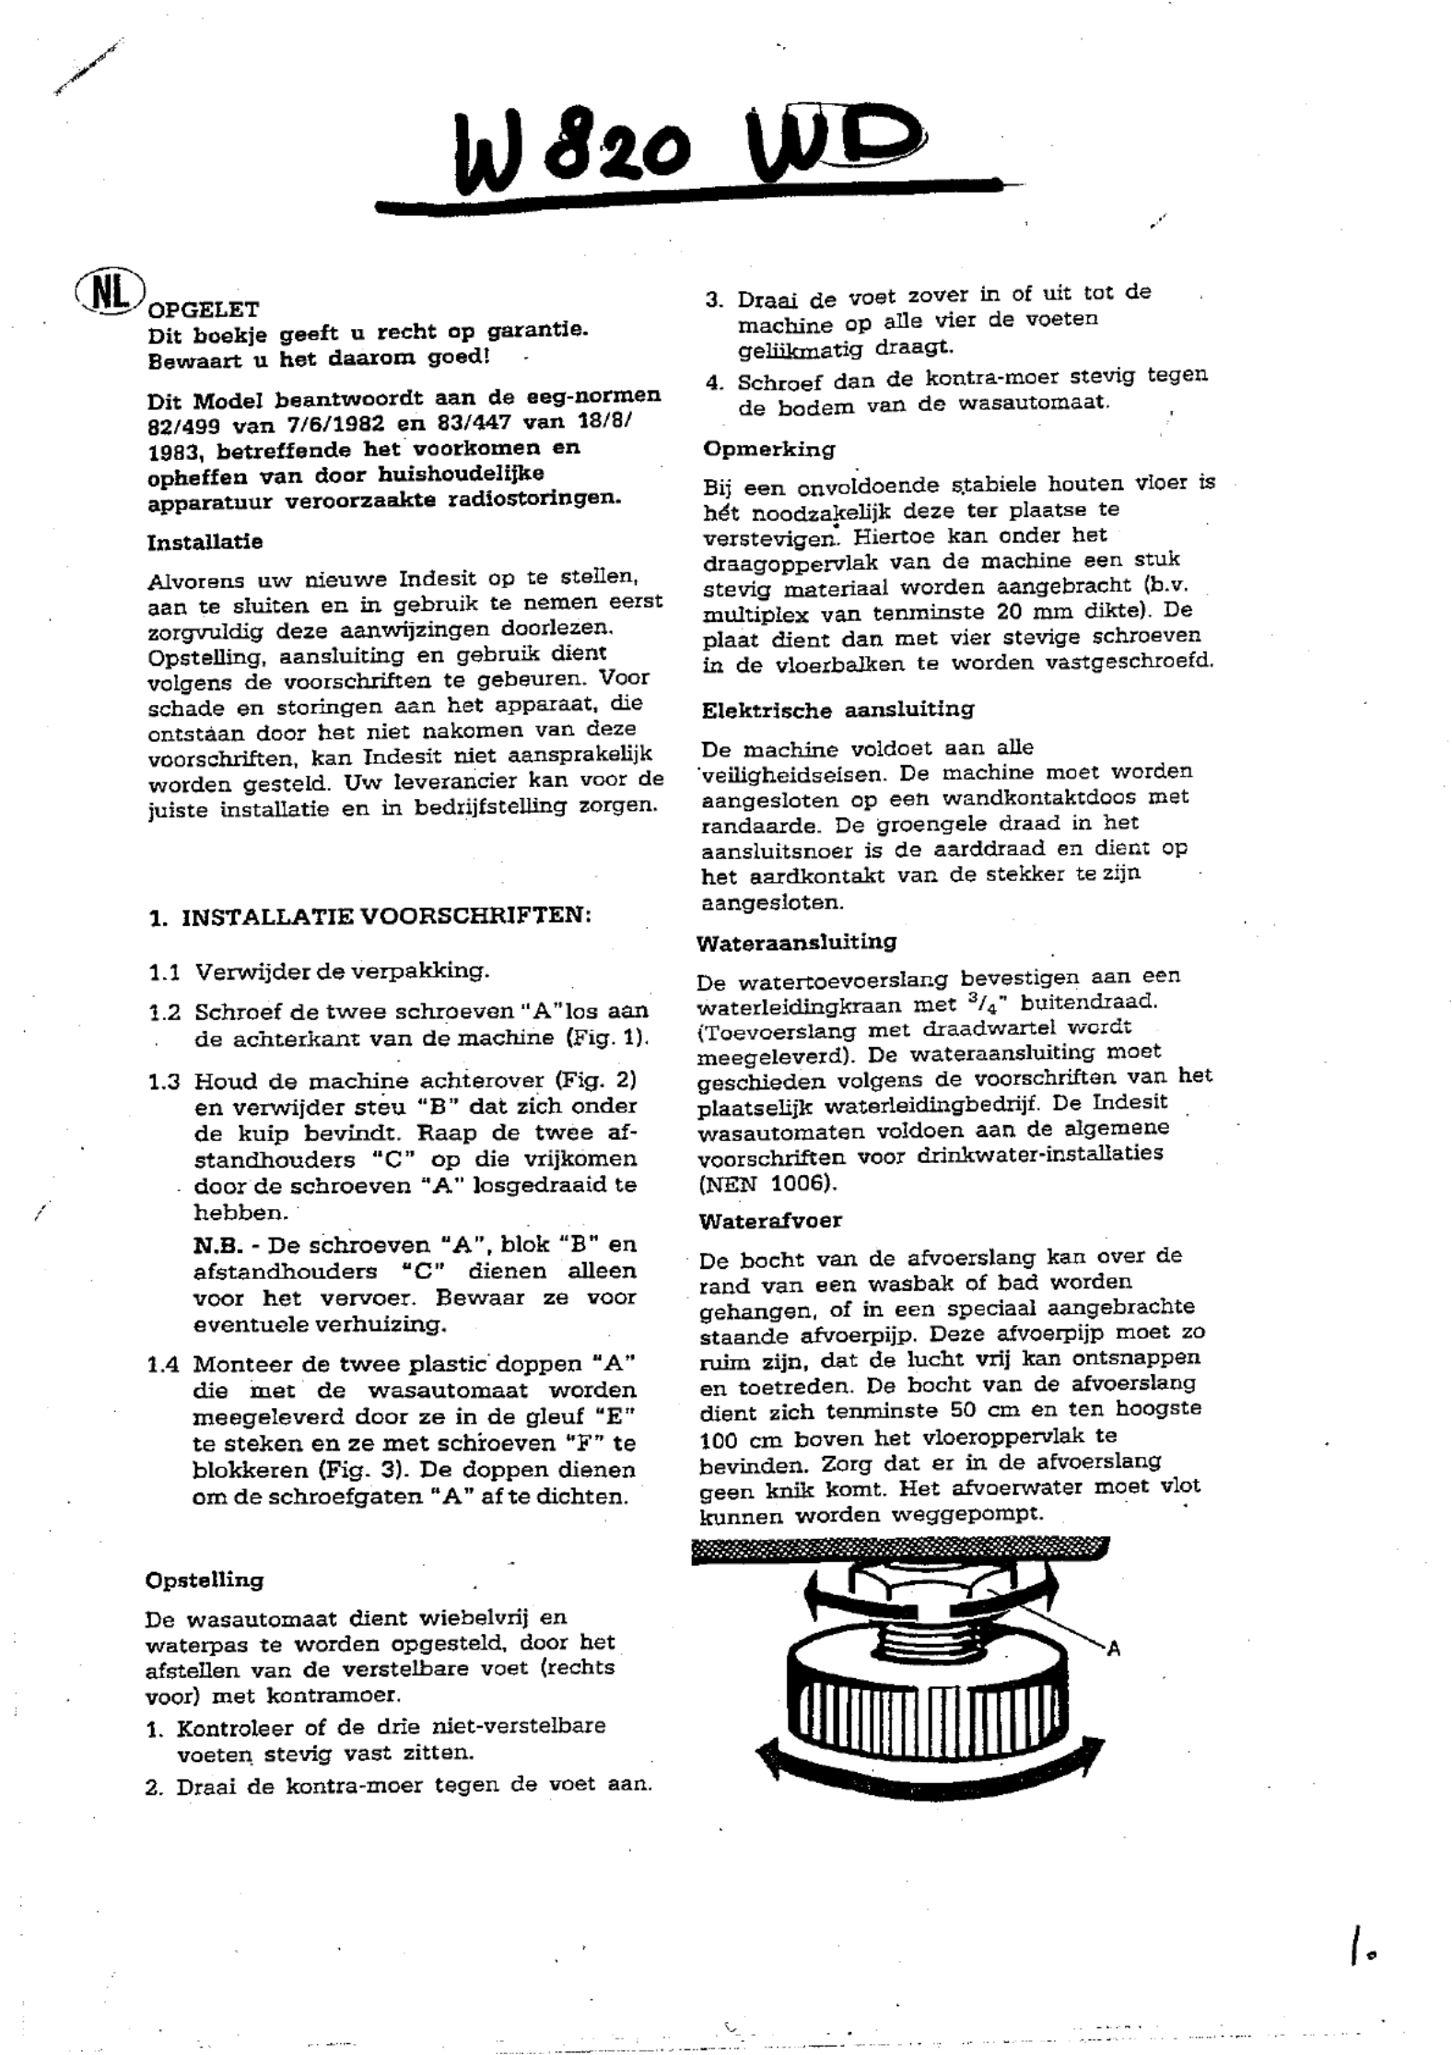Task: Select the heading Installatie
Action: tap(205, 542)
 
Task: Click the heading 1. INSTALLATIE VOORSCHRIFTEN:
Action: tap(369, 917)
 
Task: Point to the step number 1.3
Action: tap(164, 1081)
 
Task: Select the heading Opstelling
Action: tap(204, 1580)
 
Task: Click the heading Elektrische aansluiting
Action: tap(837, 710)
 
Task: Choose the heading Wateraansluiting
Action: tap(797, 942)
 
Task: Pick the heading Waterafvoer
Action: tap(770, 1221)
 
